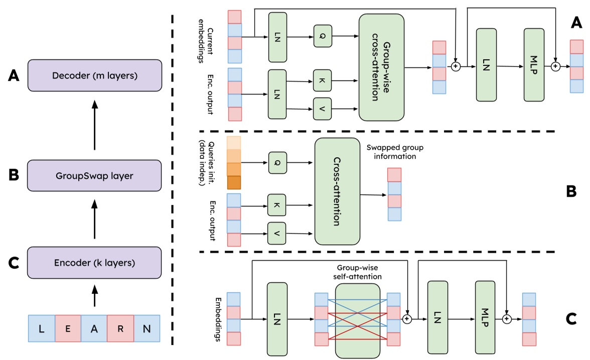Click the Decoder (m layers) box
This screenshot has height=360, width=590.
[x=95, y=76]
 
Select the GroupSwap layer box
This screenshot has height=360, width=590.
[x=95, y=176]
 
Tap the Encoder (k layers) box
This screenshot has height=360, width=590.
[x=95, y=262]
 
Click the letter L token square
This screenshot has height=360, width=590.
[x=42, y=329]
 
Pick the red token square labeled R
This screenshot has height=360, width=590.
[x=120, y=329]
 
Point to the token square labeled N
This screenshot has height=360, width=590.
[x=146, y=329]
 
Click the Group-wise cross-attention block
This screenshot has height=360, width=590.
[x=382, y=67]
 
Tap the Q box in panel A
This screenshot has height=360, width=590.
[x=323, y=36]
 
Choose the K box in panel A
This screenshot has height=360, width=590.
[x=322, y=80]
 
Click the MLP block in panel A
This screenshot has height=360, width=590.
[x=533, y=65]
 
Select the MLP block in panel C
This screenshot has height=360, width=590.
[x=485, y=317]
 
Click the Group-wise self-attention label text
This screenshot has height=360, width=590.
[x=357, y=272]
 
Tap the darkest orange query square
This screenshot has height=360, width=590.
[x=234, y=182]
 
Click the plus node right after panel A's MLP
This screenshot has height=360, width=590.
[x=555, y=66]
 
